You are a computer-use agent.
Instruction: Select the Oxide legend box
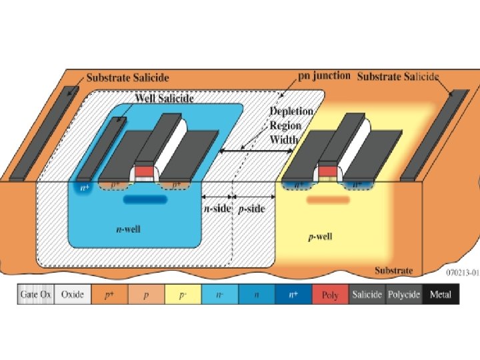coord(72,294)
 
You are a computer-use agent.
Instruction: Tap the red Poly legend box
coord(329,294)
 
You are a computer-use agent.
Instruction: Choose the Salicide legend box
coord(367,294)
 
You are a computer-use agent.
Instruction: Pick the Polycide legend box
coord(403,294)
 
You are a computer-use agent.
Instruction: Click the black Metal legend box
coord(441,294)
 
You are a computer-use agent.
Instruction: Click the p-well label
coord(321,237)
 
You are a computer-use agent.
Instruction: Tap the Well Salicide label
coord(165,98)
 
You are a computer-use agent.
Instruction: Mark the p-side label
coord(251,209)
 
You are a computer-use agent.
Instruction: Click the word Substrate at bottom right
coord(394,270)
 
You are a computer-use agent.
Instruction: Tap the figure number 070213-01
coord(461,272)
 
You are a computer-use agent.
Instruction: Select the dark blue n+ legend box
coord(293,294)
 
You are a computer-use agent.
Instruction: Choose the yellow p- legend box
coord(182,294)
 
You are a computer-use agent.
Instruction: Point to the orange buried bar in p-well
coord(327,199)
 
